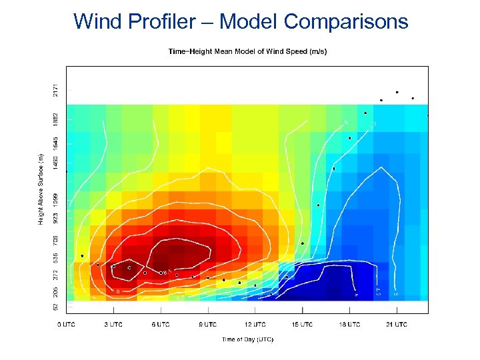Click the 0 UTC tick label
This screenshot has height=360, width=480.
(x=66, y=325)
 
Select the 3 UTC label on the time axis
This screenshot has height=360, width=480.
(x=113, y=325)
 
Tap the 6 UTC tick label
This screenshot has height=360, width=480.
(x=161, y=325)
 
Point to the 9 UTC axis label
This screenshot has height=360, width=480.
(x=208, y=325)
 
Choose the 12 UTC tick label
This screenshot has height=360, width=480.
(x=255, y=325)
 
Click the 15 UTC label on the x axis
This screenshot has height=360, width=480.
(x=303, y=325)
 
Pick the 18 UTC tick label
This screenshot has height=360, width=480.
(x=350, y=325)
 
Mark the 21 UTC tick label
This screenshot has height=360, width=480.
(x=397, y=325)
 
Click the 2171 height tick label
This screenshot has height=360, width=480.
(x=55, y=88)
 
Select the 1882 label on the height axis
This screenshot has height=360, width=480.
(x=55, y=119)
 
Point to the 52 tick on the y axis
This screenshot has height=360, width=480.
(x=55, y=306)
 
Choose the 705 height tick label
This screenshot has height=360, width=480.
(x=55, y=238)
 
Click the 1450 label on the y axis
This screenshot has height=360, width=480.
(x=55, y=164)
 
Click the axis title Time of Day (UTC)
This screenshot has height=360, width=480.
(x=247, y=339)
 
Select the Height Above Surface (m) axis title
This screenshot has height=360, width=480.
(x=41, y=189)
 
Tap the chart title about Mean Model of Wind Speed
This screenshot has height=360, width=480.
(x=247, y=51)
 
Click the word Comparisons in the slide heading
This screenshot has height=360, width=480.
(x=346, y=21)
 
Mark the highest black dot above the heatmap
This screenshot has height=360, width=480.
(x=397, y=92)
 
